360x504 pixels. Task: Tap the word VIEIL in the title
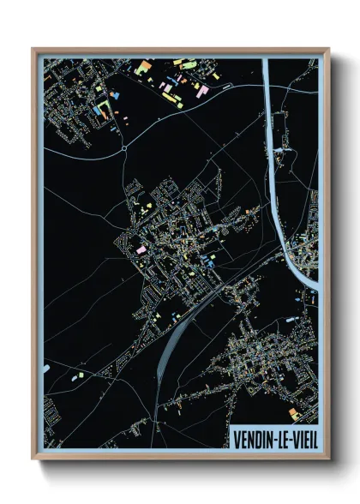click(x=303, y=439)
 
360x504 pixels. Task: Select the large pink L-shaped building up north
click(x=202, y=90)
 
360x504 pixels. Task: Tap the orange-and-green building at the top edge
click(x=145, y=65)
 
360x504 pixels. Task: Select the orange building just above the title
click(x=292, y=413)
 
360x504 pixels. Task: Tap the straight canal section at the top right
click(x=267, y=94)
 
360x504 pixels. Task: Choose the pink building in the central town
click(x=141, y=249)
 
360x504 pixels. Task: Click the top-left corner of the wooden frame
click(x=33, y=50)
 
